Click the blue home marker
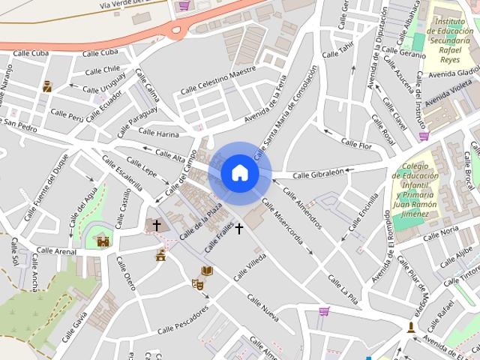pos(239,172)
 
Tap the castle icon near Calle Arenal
pos(103,241)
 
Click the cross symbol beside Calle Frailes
pos(239,228)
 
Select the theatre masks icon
pos(198,284)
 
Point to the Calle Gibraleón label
pos(318,173)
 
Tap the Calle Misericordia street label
pos(283,223)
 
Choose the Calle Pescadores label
pos(183,322)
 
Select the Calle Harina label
pos(158,133)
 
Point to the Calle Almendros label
pos(302,204)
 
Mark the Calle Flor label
pos(356,142)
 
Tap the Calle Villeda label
pos(250,266)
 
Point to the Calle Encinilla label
pos(363,212)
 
